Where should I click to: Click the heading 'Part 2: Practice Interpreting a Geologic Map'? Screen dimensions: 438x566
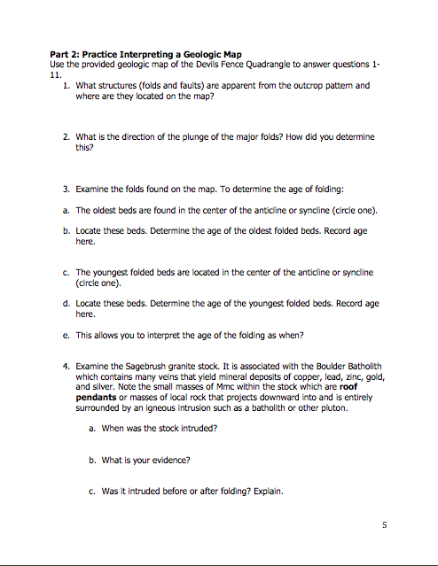click(146, 56)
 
